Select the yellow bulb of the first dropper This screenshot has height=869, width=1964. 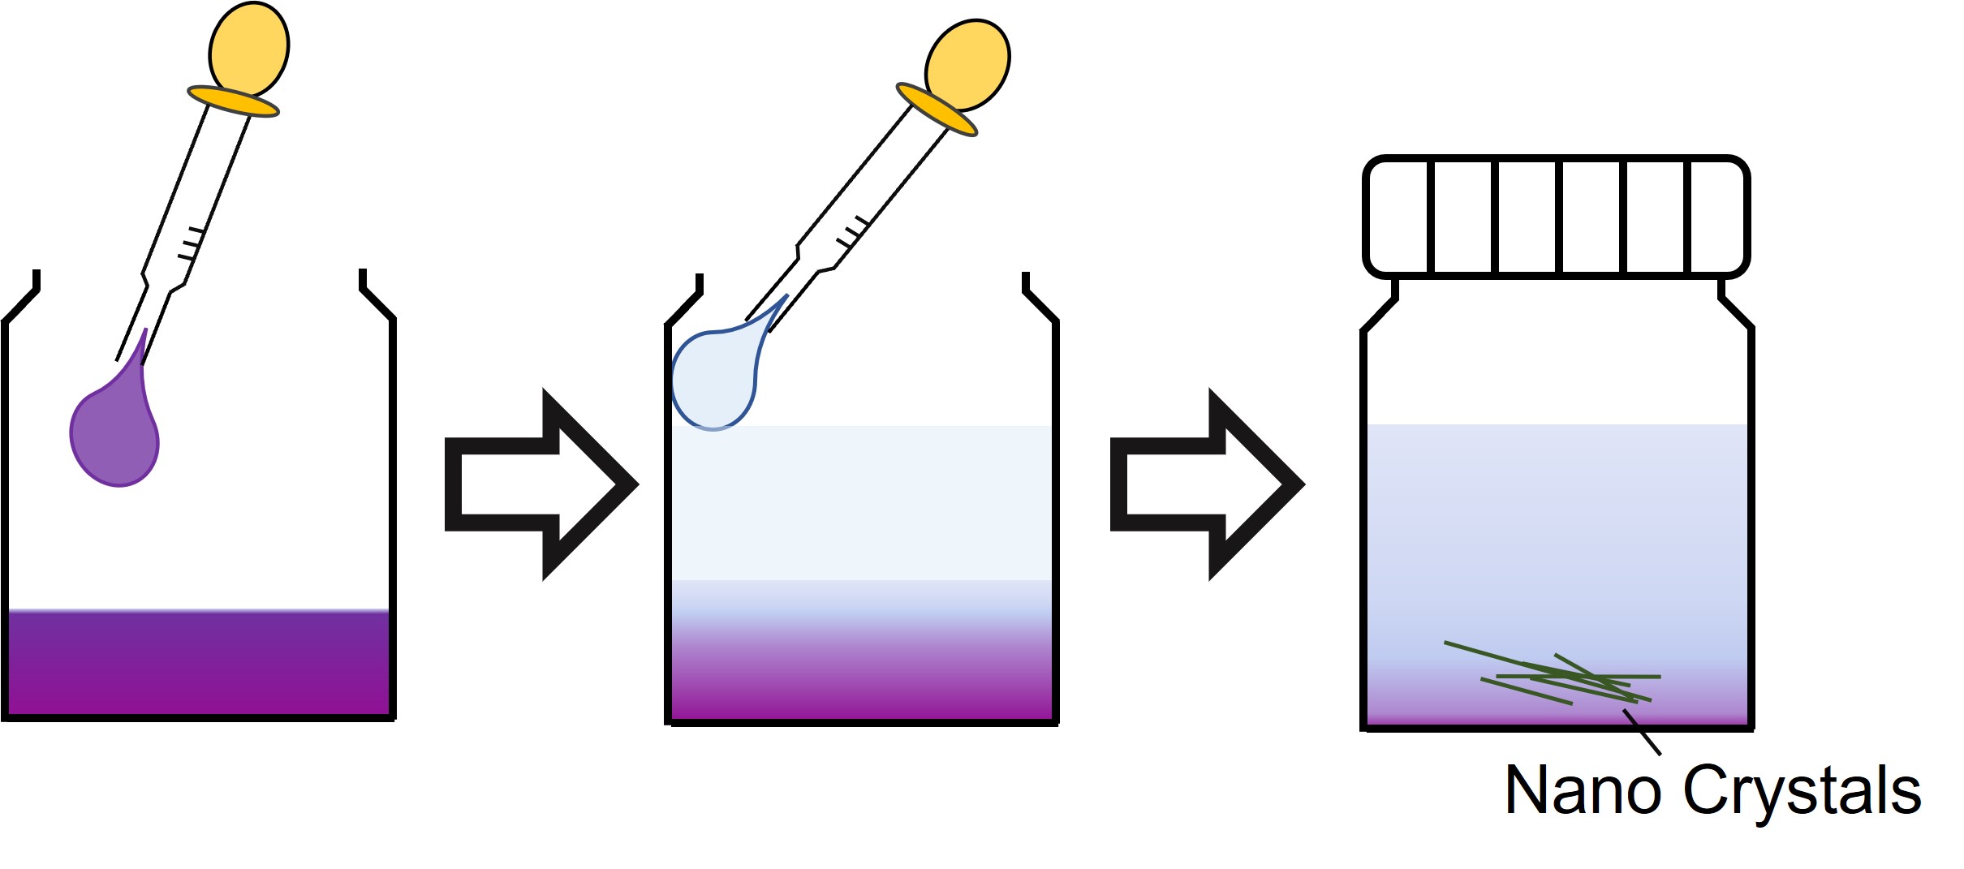point(249,49)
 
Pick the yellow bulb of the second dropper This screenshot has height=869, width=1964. point(967,65)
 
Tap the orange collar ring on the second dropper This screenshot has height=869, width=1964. point(937,110)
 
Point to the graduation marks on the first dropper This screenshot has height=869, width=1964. point(189,244)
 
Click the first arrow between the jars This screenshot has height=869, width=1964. point(541,484)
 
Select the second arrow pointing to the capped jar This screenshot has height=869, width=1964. point(1207,484)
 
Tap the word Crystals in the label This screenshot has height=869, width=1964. point(1802,791)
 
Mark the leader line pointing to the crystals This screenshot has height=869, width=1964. point(1642,733)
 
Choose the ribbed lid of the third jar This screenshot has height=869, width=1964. point(1556,217)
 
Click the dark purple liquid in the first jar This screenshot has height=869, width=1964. point(199,663)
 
